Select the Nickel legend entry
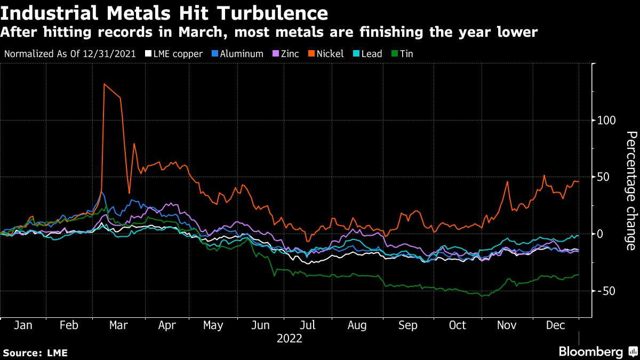coord(330,54)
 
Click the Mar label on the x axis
coord(118,325)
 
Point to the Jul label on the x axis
coord(308,325)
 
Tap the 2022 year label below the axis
coord(290,339)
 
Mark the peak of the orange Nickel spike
coord(104,84)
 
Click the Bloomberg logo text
coord(590,352)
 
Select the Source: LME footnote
coord(35,353)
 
